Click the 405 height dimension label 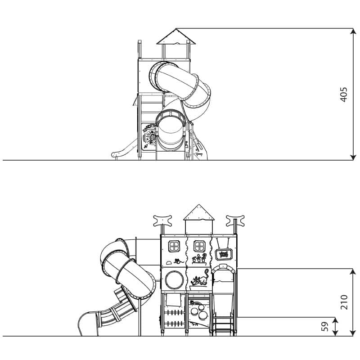[x=343, y=94]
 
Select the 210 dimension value [x=344, y=302]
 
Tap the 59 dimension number [x=324, y=326]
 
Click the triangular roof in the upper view [x=176, y=36]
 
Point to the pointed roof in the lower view [x=199, y=212]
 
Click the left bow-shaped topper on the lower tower [x=162, y=220]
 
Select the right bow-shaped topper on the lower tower [x=235, y=220]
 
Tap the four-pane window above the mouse [x=174, y=247]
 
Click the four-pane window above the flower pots [x=199, y=246]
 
